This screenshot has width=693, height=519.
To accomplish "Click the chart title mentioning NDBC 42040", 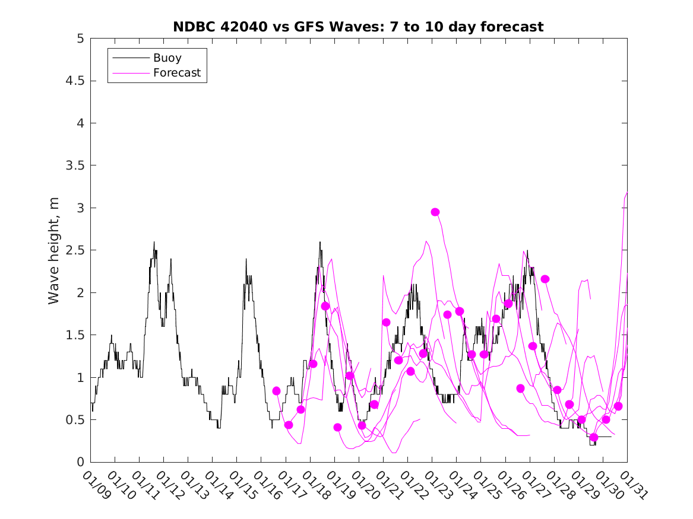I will coord(358,27).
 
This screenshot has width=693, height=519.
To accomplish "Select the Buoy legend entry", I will coord(167,58).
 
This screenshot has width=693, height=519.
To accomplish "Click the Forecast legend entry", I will coord(176,73).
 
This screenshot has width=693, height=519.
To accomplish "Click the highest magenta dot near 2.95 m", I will coord(435,212).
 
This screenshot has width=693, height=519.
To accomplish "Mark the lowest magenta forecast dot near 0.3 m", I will coord(594,437).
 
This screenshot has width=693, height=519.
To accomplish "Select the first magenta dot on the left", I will coord(276,391).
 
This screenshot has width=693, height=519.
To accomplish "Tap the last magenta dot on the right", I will coord(618,406).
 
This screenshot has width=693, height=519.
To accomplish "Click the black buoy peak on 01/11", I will coord(154,242).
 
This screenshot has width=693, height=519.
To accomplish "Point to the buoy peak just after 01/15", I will coord(246,259).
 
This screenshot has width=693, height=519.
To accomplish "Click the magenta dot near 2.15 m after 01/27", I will coord(545,279).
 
